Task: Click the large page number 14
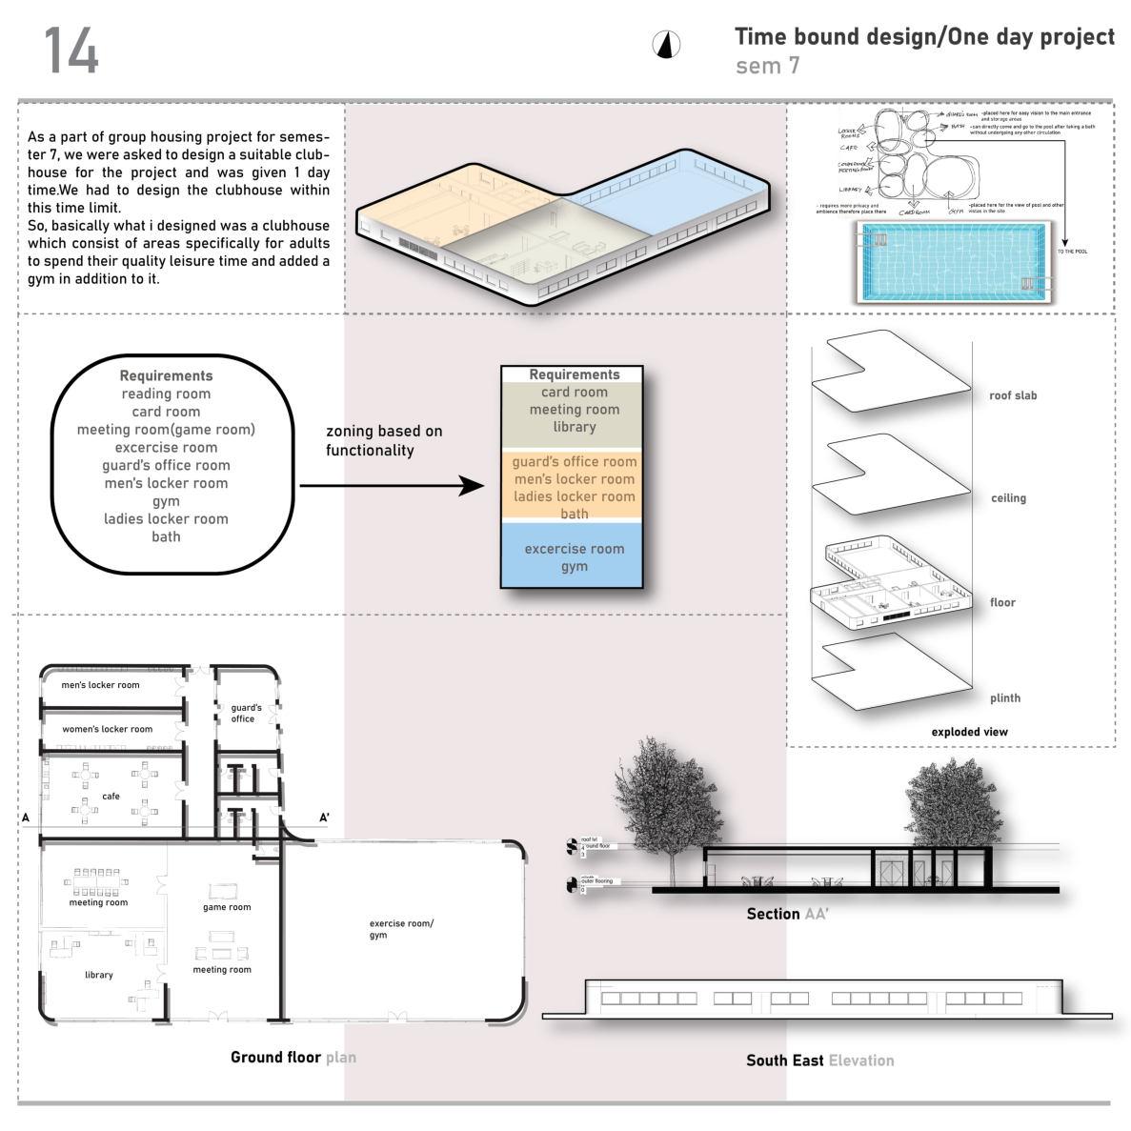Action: [x=71, y=50]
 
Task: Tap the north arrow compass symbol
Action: [x=667, y=45]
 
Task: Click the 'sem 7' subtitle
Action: [x=767, y=66]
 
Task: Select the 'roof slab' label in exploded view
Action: [x=1012, y=395]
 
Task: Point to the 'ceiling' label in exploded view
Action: [x=1008, y=497]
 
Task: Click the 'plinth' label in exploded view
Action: [x=1004, y=697]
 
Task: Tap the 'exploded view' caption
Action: [x=969, y=732]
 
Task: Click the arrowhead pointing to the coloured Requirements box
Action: [x=474, y=486]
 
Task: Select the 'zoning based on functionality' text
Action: [x=384, y=440]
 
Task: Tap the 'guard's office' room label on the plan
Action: [x=246, y=713]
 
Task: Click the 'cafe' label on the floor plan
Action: [x=111, y=796]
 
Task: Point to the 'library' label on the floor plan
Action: [x=98, y=975]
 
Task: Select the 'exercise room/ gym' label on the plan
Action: [x=401, y=929]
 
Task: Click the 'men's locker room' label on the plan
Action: [x=100, y=685]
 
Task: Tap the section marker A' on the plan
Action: [x=324, y=818]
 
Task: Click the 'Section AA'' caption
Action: [x=787, y=914]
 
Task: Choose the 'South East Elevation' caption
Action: [x=819, y=1060]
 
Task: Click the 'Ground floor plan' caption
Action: [x=293, y=1057]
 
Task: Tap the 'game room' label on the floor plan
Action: [x=227, y=907]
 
